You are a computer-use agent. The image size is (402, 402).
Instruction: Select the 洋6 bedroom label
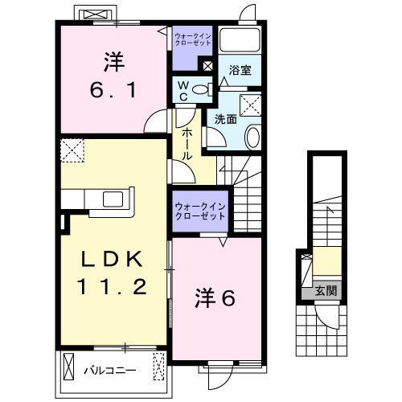[x=214, y=299]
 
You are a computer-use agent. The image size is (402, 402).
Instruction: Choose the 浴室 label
[x=240, y=70]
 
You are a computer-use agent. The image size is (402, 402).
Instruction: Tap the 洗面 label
[x=225, y=119]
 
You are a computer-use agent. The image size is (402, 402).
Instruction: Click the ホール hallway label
[x=186, y=142]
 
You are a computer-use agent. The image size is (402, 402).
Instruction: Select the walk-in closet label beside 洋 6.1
[x=193, y=39]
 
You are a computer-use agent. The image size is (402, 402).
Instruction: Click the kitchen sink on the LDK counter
[x=111, y=199]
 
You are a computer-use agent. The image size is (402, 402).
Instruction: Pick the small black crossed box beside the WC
[x=208, y=67]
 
